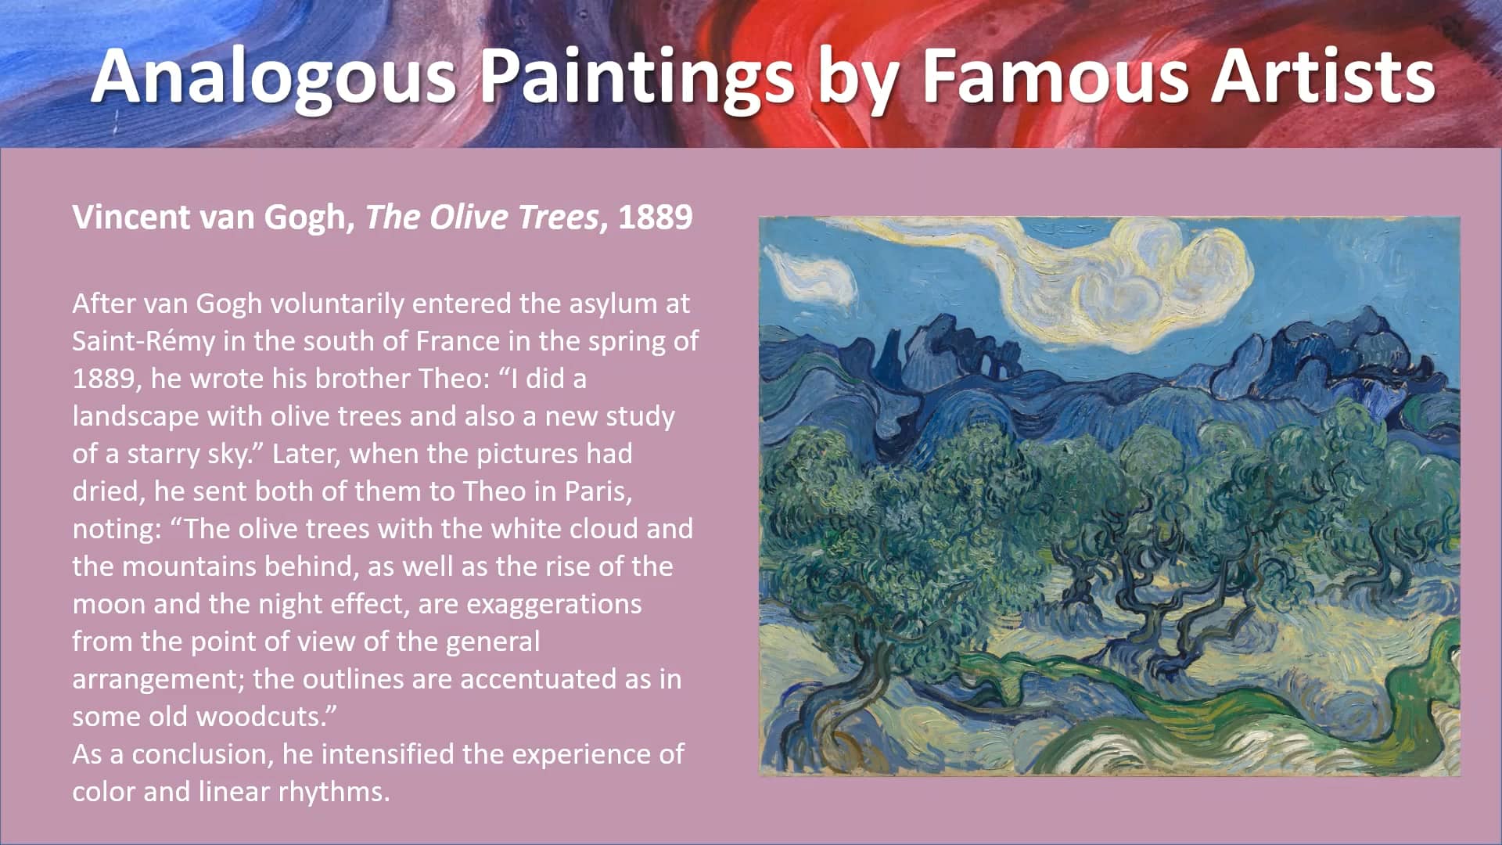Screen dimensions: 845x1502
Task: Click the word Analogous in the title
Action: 273,77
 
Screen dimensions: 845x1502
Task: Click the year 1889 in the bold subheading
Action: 656,217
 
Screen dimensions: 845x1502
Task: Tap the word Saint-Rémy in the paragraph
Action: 143,341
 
